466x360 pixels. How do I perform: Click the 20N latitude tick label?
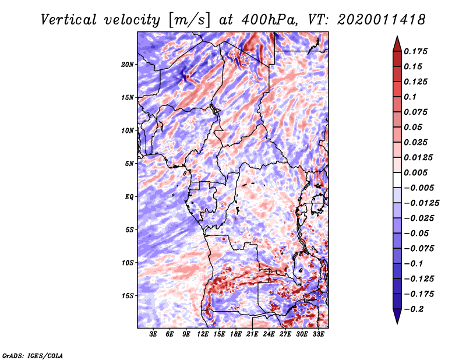(x=127, y=65)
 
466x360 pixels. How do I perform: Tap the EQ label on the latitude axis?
(x=129, y=197)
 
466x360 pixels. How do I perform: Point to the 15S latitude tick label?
(x=127, y=296)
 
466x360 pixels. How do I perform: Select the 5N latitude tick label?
(x=129, y=164)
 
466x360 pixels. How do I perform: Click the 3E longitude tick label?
(x=153, y=334)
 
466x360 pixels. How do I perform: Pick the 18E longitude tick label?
(x=236, y=334)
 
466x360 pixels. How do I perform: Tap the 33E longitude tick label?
(x=318, y=334)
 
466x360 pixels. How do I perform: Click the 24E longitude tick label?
(x=269, y=334)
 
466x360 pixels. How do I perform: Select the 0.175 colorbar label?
(x=415, y=51)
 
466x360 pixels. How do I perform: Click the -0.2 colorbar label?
(x=414, y=309)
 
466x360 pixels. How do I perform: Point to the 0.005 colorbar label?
(x=415, y=172)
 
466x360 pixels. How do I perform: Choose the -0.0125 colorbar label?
(x=421, y=203)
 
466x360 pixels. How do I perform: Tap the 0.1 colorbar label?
(x=410, y=97)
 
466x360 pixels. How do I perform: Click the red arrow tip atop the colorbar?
(x=397, y=36)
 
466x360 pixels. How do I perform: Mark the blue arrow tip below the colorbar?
(x=397, y=323)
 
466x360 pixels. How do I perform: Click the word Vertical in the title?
(x=69, y=20)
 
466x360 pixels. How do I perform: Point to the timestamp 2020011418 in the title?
(x=382, y=20)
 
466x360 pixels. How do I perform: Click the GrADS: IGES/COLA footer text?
(x=33, y=355)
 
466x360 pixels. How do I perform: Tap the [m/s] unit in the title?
(x=189, y=20)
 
